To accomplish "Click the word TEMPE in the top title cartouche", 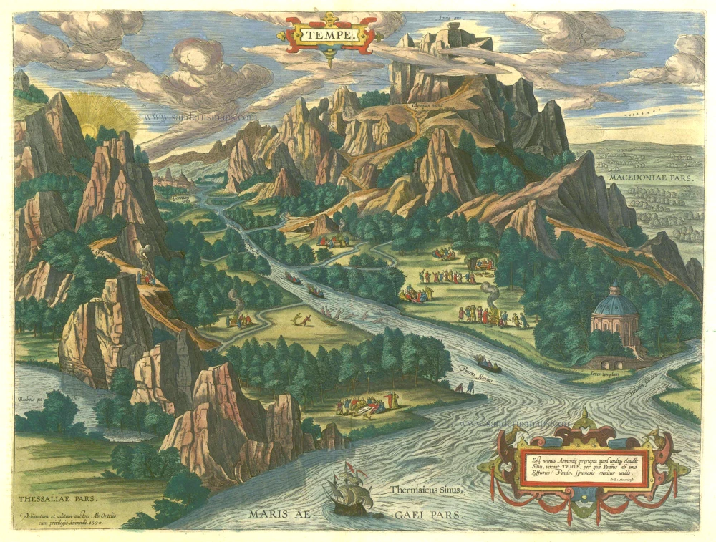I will point(329,33).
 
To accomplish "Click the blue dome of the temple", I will point(615,304).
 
